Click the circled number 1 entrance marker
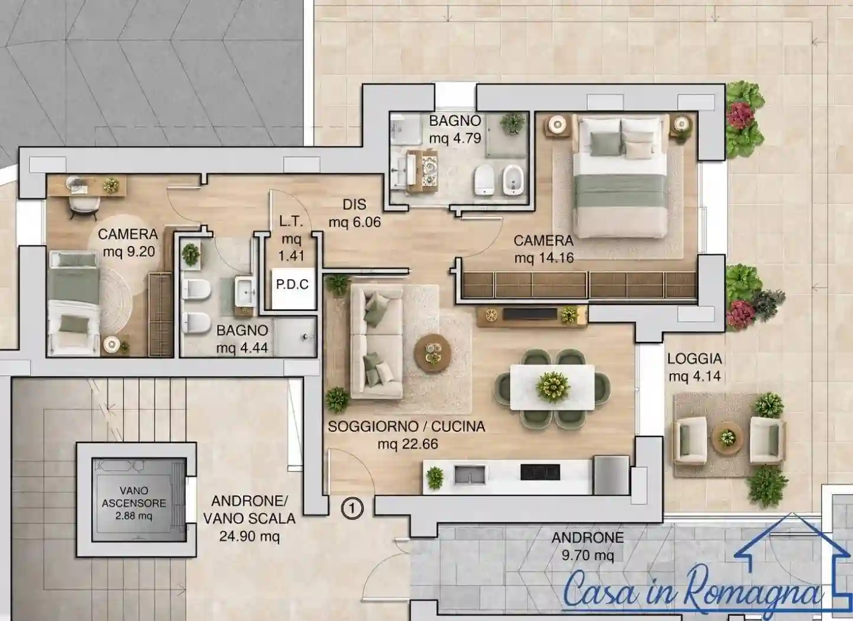tap(352, 508)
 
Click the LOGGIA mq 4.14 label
tap(694, 367)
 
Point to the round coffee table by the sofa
tap(432, 353)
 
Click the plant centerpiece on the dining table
tap(552, 387)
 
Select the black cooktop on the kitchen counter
tap(540, 472)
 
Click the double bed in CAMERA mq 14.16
tap(622, 176)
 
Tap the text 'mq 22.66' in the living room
tap(408, 444)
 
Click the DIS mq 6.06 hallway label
tap(354, 214)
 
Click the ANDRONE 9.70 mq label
tap(587, 546)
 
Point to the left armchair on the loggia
tap(690, 441)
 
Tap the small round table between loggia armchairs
tap(728, 437)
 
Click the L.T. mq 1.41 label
tap(291, 238)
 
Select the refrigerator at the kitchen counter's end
tap(611, 475)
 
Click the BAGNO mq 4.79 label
tap(455, 130)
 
